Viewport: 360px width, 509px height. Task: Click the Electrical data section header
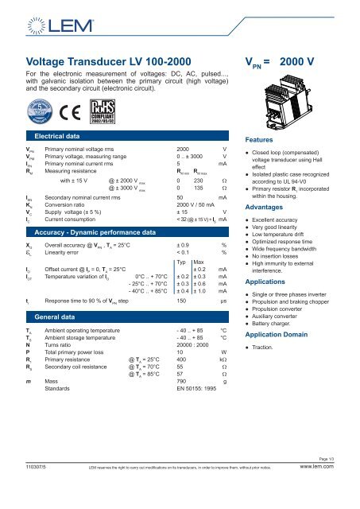[68, 137]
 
